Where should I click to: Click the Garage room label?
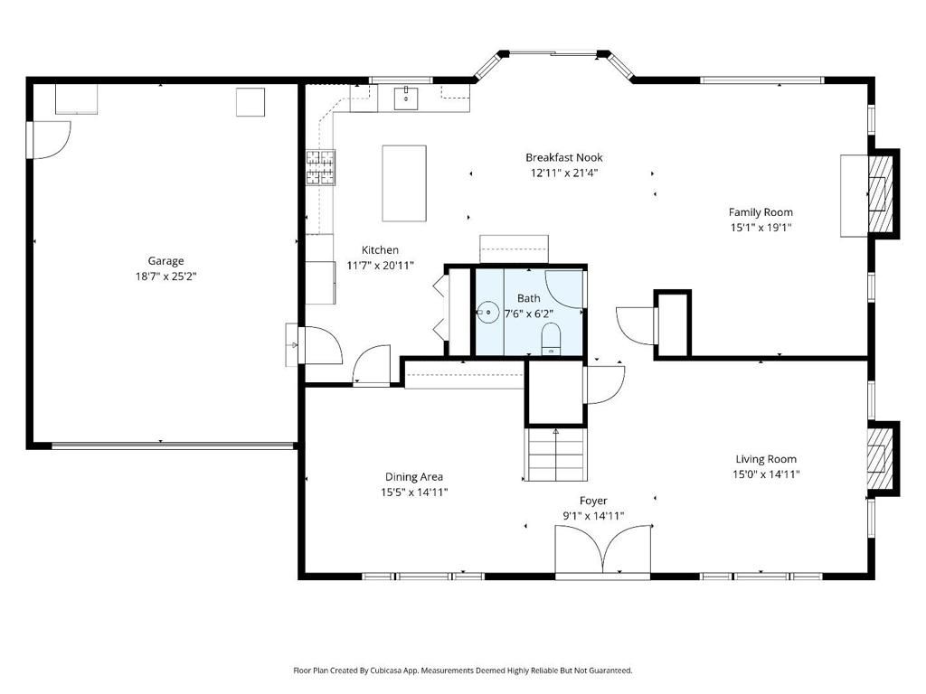[x=165, y=261]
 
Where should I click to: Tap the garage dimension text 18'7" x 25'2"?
[x=165, y=277]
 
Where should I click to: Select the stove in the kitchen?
[x=320, y=167]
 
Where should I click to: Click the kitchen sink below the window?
[x=406, y=97]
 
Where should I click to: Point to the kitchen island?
[x=404, y=183]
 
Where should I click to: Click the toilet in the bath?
[x=551, y=340]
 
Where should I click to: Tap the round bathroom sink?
[x=487, y=313]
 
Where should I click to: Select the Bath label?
[x=528, y=298]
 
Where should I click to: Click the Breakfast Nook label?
[x=563, y=157]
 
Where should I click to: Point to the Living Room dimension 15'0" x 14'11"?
[x=766, y=474]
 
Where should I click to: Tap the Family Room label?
[x=761, y=212]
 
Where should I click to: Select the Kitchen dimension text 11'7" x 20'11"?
[x=380, y=266]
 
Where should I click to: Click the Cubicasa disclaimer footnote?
[x=462, y=671]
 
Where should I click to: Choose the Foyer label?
[x=593, y=501]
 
